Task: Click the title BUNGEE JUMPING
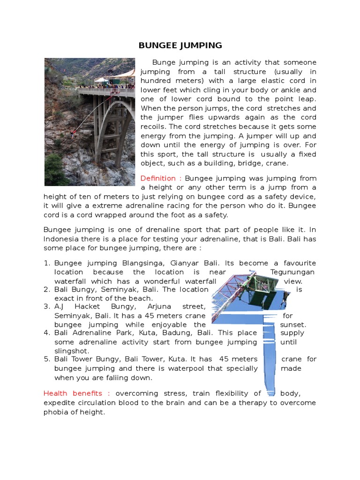(180, 45)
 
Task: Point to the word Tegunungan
(292, 272)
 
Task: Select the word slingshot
(72, 351)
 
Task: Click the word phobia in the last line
(56, 412)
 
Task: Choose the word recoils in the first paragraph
(154, 127)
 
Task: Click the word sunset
(293, 325)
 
